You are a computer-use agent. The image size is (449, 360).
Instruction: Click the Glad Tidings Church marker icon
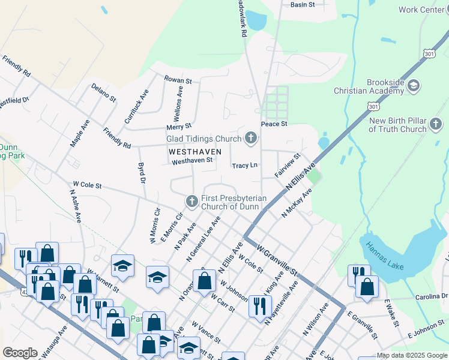[x=251, y=139]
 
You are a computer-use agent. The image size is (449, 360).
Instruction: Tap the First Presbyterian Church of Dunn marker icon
[x=192, y=201]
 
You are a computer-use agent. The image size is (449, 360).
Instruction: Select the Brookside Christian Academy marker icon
[x=413, y=86]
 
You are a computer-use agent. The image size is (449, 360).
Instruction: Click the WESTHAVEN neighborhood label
[x=194, y=151]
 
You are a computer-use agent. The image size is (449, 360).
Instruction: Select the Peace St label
[x=274, y=124]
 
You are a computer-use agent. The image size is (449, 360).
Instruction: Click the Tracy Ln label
[x=245, y=166]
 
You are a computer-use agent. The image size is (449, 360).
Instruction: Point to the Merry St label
[x=179, y=126]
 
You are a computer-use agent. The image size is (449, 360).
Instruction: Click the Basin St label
[x=303, y=5]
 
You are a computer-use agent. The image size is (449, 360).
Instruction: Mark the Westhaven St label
[x=192, y=161]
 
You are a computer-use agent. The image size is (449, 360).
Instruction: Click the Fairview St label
[x=287, y=164]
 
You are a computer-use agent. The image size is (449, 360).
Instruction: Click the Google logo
[x=20, y=353]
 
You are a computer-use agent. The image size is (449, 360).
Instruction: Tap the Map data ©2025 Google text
[x=411, y=355]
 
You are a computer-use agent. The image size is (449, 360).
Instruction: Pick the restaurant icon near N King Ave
[x=260, y=306]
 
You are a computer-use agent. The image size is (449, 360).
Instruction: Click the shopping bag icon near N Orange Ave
[x=204, y=280]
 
